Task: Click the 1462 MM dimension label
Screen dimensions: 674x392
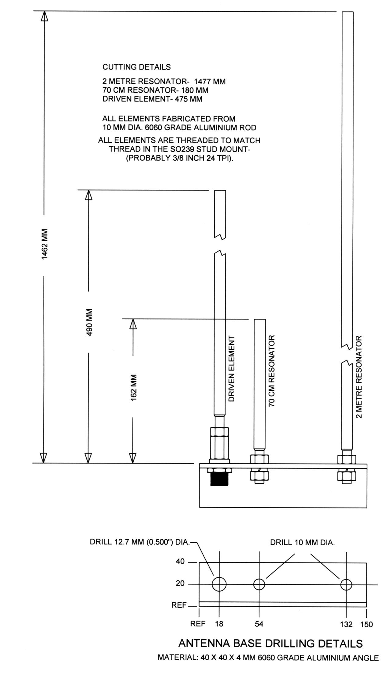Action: coord(45,244)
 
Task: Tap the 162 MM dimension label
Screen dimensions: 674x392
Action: coord(133,387)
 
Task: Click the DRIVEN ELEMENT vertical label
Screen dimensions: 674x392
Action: coord(232,369)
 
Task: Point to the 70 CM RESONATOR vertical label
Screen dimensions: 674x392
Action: coord(272,371)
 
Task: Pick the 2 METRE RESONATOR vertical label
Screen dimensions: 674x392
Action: coord(359,377)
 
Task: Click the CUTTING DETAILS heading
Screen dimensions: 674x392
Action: coord(136,67)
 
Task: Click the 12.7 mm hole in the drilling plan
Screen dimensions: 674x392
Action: coord(219,584)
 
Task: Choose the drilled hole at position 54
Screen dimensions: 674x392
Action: coord(259,584)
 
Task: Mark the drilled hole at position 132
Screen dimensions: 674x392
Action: coord(346,585)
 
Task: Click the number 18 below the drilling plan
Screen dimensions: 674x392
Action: coord(219,624)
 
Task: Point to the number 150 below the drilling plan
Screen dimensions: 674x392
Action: coord(366,624)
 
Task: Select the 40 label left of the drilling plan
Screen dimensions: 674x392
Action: coord(180,561)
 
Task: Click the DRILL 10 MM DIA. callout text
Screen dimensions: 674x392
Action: coord(302,543)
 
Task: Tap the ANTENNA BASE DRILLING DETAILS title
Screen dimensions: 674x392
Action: coord(270,644)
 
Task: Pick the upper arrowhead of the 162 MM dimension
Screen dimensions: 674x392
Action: coord(133,324)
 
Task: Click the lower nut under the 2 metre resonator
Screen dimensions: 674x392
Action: coord(346,477)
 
